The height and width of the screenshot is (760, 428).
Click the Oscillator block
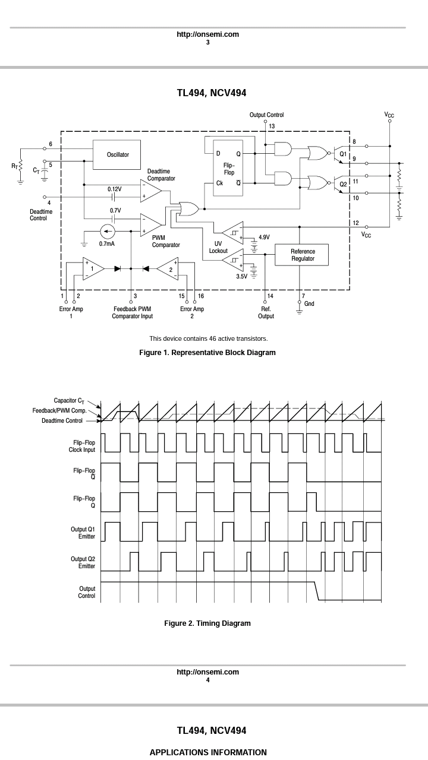117,155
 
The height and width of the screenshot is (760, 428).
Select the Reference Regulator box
301,255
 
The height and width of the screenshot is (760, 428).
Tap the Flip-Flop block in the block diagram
228,168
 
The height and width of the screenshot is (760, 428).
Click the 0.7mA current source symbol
108,232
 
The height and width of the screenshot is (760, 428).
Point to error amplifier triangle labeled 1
92,268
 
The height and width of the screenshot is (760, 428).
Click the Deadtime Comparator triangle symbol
150,191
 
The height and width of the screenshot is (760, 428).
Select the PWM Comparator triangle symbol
150,225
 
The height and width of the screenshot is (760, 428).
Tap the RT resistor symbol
20,166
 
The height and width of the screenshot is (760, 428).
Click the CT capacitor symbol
45,170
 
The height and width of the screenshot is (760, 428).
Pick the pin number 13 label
272,126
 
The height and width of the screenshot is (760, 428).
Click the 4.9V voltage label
264,237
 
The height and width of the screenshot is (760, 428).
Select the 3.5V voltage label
242,277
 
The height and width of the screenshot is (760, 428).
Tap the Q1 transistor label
343,154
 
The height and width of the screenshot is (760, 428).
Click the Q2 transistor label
343,184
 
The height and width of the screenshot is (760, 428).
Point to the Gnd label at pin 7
309,303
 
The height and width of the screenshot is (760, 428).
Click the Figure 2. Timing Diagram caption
207,623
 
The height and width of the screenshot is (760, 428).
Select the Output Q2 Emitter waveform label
83,562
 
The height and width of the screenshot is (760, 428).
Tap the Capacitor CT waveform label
69,401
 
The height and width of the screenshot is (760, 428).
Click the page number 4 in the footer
208,680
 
